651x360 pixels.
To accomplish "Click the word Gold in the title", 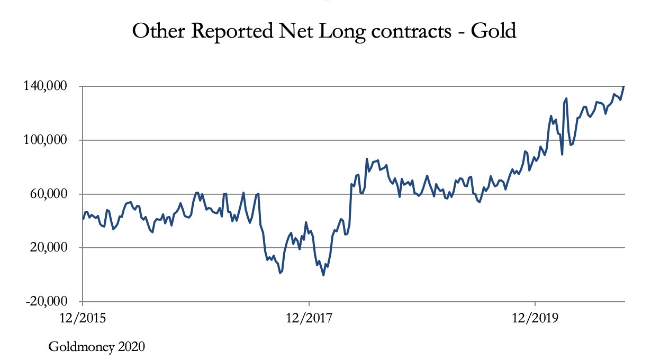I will click(x=494, y=31).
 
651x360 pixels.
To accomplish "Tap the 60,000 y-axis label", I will click(x=53, y=194).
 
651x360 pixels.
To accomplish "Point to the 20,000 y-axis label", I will click(x=53, y=248).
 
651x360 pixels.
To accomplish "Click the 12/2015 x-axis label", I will click(x=83, y=318).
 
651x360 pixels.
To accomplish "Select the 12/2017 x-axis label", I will click(x=309, y=318).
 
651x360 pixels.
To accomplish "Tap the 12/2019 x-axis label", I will click(x=535, y=318).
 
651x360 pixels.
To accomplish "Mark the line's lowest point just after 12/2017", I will click(x=323, y=275).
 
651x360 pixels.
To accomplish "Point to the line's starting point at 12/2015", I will click(x=83, y=219).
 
